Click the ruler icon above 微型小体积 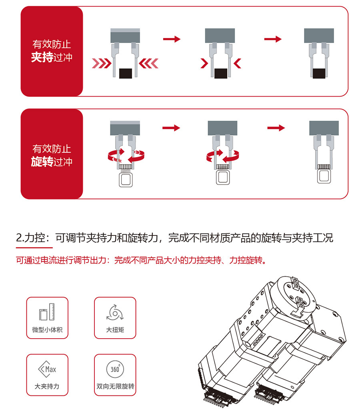click(x=47, y=312)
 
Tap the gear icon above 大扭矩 click(x=115, y=312)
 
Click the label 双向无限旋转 click(x=115, y=387)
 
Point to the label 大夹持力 click(x=47, y=387)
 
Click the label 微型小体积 click(x=47, y=330)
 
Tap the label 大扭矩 click(x=115, y=330)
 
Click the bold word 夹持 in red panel click(x=42, y=58)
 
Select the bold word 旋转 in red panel click(x=42, y=162)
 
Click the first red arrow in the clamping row click(x=172, y=39)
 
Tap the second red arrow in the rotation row click(x=276, y=128)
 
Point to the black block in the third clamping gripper click(x=319, y=74)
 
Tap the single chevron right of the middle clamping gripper click(x=237, y=63)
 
